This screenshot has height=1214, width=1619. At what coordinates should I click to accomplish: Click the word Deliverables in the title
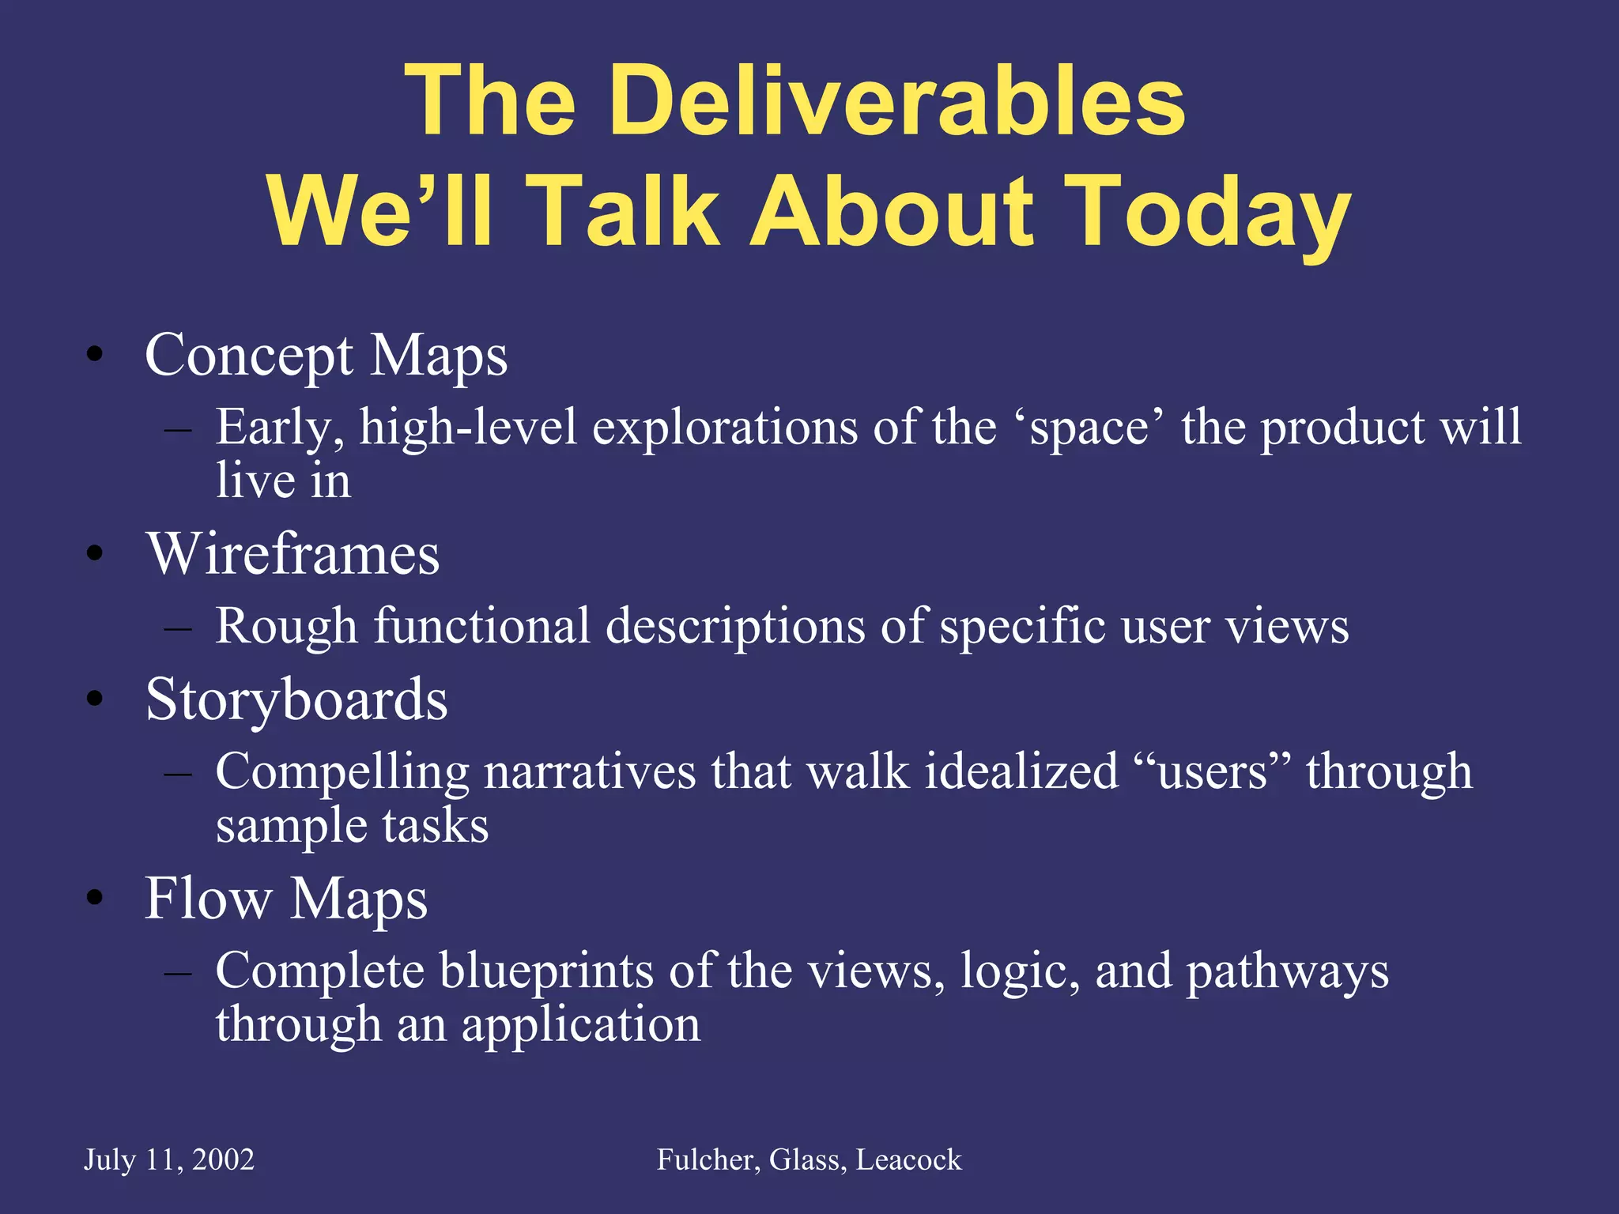click(x=896, y=101)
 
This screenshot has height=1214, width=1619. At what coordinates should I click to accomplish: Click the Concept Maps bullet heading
click(x=326, y=356)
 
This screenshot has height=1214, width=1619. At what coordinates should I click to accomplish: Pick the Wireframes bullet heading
click(x=292, y=554)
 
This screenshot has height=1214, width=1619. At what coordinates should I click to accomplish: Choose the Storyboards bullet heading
click(x=296, y=700)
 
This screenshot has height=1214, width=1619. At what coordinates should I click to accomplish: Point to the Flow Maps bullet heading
click(x=286, y=899)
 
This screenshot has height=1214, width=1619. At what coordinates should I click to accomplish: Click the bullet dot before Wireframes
click(x=96, y=553)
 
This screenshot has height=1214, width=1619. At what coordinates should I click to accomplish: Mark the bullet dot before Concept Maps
click(x=96, y=355)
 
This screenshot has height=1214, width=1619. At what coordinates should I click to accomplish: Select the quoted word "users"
click(x=1212, y=772)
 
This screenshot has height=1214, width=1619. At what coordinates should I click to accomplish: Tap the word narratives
click(x=589, y=772)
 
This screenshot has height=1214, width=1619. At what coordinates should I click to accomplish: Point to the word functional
click(x=481, y=627)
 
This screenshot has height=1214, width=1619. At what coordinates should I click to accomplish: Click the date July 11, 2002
click(x=169, y=1159)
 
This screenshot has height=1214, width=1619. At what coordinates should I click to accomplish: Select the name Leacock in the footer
click(x=908, y=1159)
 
